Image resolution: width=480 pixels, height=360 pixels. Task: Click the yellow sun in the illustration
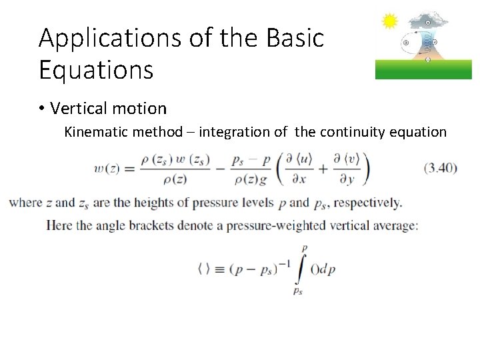point(389,21)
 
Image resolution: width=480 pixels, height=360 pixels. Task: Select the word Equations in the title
point(96,69)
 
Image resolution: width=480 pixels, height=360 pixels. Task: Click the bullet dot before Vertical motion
point(41,108)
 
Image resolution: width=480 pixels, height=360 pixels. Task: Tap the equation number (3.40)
point(441,168)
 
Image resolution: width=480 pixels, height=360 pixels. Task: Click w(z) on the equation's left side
point(107,169)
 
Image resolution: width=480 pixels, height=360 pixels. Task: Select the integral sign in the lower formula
point(304,268)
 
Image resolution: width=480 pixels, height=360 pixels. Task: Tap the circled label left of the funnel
point(406,42)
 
